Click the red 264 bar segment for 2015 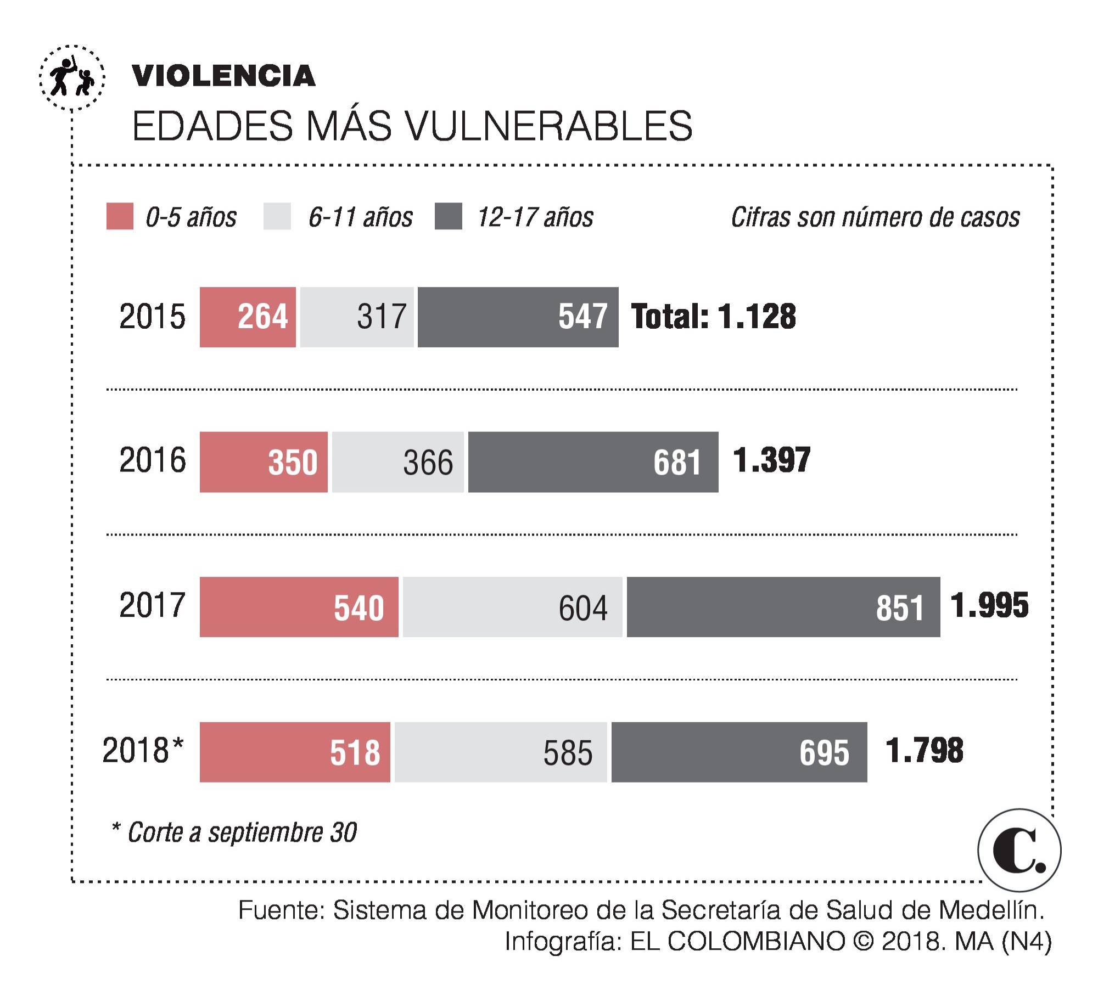coord(248,317)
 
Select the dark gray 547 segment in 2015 coord(518,317)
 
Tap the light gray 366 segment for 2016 coord(397,462)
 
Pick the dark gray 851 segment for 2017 coord(783,606)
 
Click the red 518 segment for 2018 coord(295,751)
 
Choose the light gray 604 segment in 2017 coord(512,606)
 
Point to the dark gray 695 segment coord(739,751)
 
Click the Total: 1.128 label coord(713,317)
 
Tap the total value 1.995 coord(989,605)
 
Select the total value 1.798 coord(925,751)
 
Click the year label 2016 coord(152,460)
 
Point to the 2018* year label coord(143,750)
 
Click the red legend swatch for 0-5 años coord(120,216)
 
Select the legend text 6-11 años coord(360,217)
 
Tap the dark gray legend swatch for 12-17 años coord(448,216)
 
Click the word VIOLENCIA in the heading coord(223,76)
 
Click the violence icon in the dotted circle coord(72,78)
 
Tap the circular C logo coord(1019,850)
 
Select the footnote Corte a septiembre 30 coord(234,832)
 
